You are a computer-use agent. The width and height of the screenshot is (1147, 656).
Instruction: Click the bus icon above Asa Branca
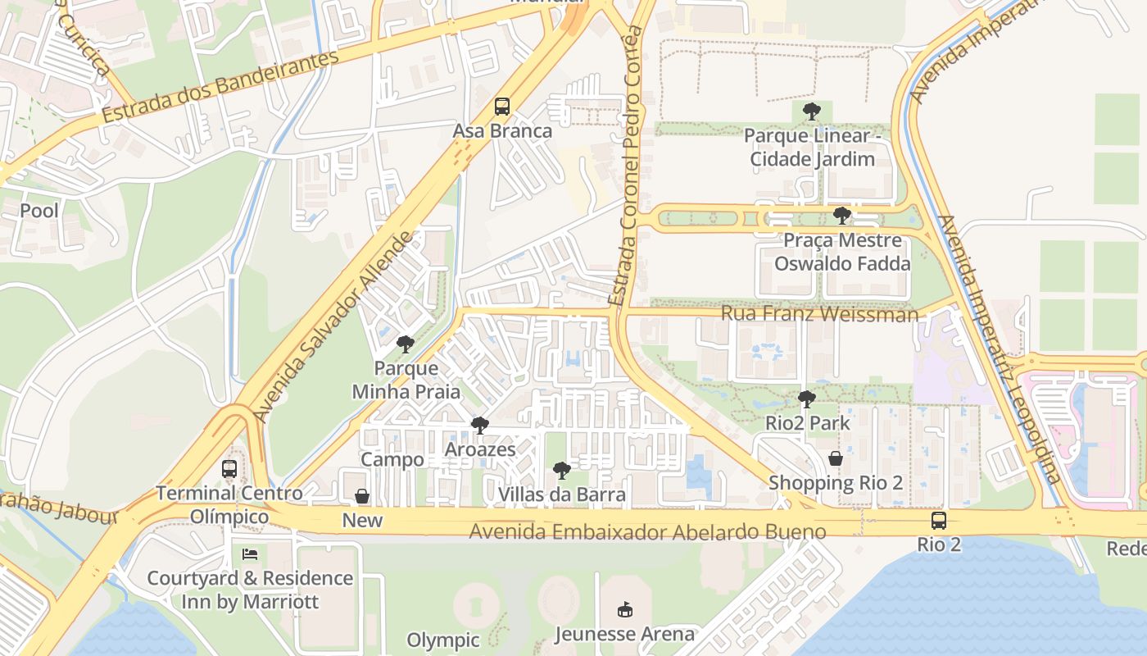point(502,107)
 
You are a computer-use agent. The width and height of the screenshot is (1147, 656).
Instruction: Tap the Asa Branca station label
point(502,131)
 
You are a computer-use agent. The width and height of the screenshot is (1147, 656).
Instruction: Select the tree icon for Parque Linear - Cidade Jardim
point(812,111)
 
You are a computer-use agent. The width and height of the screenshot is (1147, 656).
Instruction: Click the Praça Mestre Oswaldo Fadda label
point(842,252)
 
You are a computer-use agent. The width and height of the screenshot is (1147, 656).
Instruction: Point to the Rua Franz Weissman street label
point(819,314)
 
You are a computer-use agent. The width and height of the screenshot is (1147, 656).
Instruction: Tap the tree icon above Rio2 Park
point(807,399)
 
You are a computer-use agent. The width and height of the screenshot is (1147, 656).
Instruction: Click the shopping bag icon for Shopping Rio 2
point(836,458)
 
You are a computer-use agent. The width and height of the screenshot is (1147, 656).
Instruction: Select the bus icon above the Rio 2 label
point(939,520)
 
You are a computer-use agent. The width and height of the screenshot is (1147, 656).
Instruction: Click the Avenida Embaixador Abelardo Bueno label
point(647,532)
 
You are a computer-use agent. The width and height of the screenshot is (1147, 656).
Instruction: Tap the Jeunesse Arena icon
point(625,609)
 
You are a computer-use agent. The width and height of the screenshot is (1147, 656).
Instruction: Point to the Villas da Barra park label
point(562,494)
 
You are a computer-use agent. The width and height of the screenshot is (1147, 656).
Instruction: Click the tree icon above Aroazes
point(480,426)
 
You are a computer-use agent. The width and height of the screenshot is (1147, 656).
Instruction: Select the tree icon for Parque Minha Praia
point(405,344)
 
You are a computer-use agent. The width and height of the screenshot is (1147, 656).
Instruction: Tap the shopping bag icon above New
point(362,496)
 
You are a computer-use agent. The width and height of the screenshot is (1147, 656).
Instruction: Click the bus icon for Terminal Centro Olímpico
point(229,469)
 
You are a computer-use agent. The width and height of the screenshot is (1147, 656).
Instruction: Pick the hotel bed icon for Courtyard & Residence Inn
point(250,554)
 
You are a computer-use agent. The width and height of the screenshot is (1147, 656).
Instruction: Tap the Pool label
point(39,211)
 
